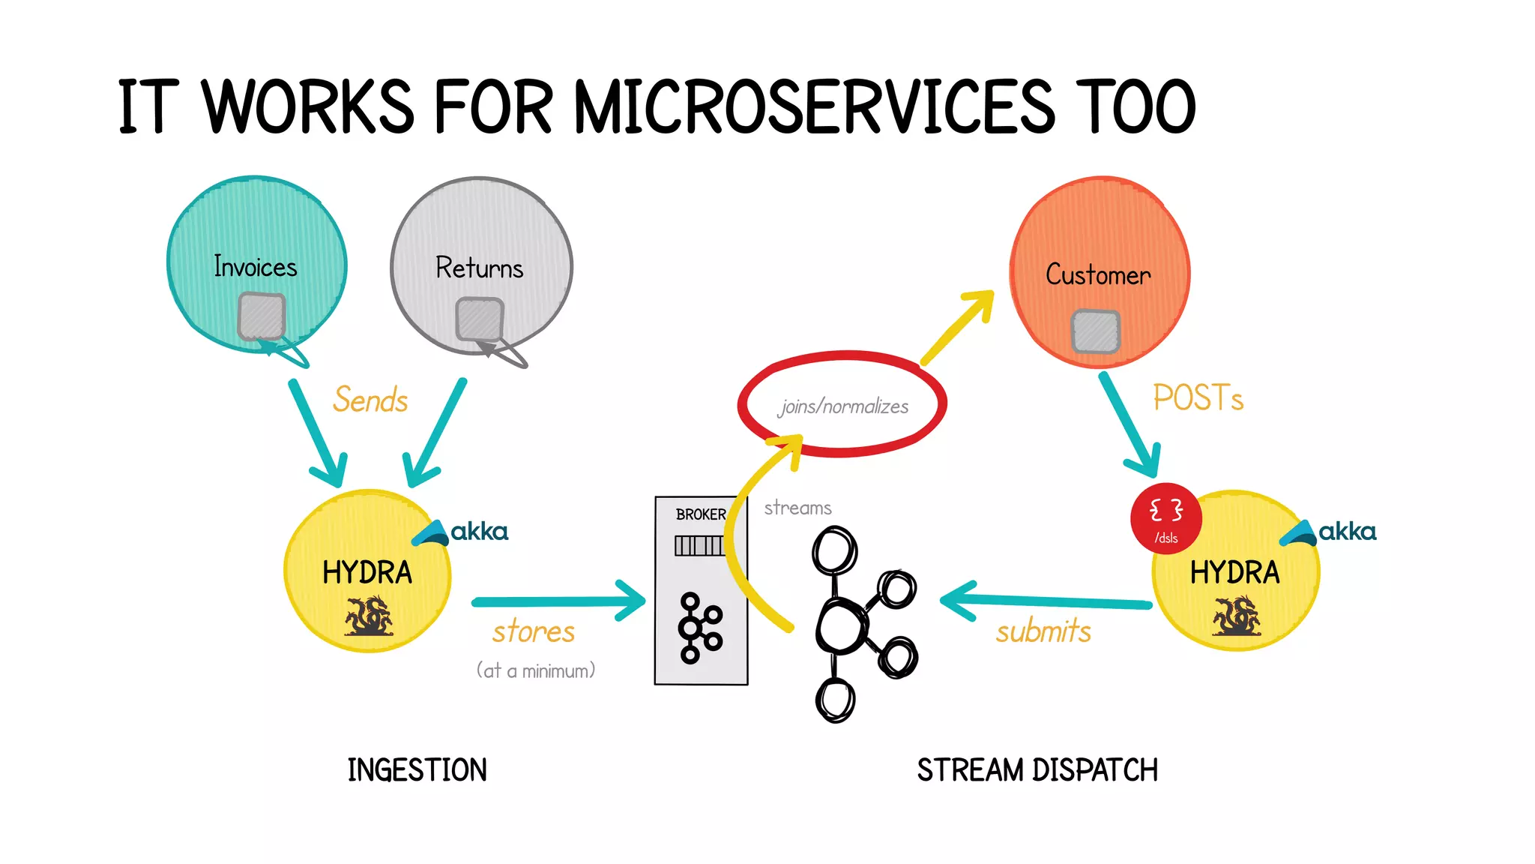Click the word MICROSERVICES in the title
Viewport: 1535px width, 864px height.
pos(814,107)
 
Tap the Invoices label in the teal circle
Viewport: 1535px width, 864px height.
pos(255,267)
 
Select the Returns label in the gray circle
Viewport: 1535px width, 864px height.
pos(480,268)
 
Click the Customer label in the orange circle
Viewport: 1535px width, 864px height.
pos(1098,275)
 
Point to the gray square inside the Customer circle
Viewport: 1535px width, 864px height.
pos(1096,331)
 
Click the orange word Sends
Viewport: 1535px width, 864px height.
pos(370,400)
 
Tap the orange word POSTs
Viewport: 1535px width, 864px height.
pos(1198,398)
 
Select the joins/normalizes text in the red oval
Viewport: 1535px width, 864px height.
pos(843,407)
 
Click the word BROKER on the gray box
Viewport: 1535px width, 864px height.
pos(700,514)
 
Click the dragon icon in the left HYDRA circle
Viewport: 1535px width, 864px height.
pos(368,616)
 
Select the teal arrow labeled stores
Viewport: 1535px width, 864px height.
pos(558,601)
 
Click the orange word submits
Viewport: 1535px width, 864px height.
pos(1043,631)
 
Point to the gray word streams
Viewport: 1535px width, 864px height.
pos(797,508)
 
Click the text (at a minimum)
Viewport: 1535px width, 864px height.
pos(536,670)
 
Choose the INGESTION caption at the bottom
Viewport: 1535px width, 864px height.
pos(417,770)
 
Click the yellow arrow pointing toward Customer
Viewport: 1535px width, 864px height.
pos(959,328)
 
